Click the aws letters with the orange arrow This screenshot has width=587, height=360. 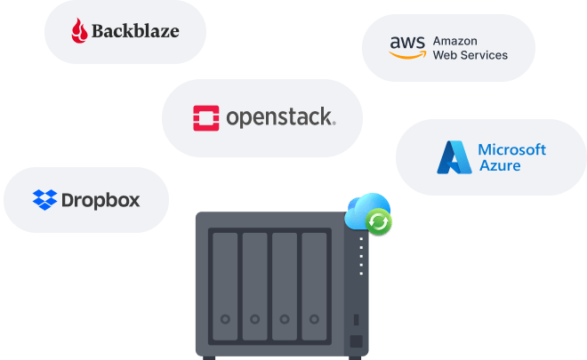point(407,47)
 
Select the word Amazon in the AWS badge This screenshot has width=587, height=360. point(455,40)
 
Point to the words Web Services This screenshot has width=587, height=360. point(470,55)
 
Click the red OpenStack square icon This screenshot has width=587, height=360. point(206,117)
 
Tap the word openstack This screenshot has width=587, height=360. point(280,117)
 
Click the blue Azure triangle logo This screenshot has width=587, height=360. point(454,156)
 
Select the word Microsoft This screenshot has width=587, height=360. point(511,149)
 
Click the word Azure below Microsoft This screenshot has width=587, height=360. point(499,165)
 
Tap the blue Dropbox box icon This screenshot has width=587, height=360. point(44,199)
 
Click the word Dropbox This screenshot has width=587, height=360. point(101,199)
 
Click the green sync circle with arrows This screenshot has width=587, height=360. point(380,221)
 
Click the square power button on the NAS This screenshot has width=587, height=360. point(356,342)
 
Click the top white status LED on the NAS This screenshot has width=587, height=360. point(361,238)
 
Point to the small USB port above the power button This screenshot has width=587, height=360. point(356,320)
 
